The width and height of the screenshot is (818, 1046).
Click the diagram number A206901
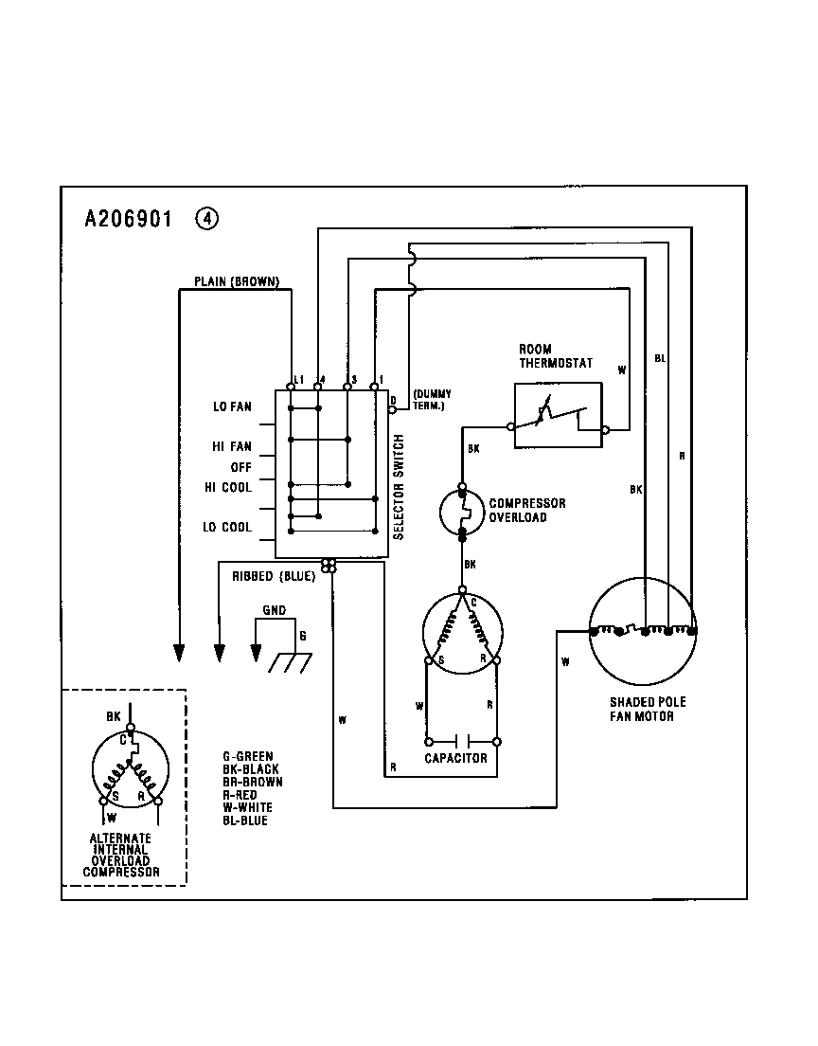(128, 219)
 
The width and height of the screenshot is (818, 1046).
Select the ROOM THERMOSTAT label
(555, 356)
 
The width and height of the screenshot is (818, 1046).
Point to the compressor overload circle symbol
(462, 513)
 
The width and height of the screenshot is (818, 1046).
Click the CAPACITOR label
(455, 758)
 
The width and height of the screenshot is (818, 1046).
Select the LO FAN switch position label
(232, 407)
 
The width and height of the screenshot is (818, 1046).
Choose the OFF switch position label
(240, 467)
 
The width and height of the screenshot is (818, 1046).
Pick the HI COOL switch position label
(228, 487)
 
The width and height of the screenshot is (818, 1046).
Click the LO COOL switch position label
(227, 527)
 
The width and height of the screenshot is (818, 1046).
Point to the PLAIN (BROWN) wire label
(236, 281)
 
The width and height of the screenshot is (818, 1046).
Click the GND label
(274, 611)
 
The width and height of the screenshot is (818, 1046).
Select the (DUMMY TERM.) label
(433, 399)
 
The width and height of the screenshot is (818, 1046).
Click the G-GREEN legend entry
(248, 757)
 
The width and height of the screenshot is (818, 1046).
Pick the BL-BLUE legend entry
(245, 820)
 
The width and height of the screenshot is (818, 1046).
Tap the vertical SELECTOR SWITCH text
(399, 487)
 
